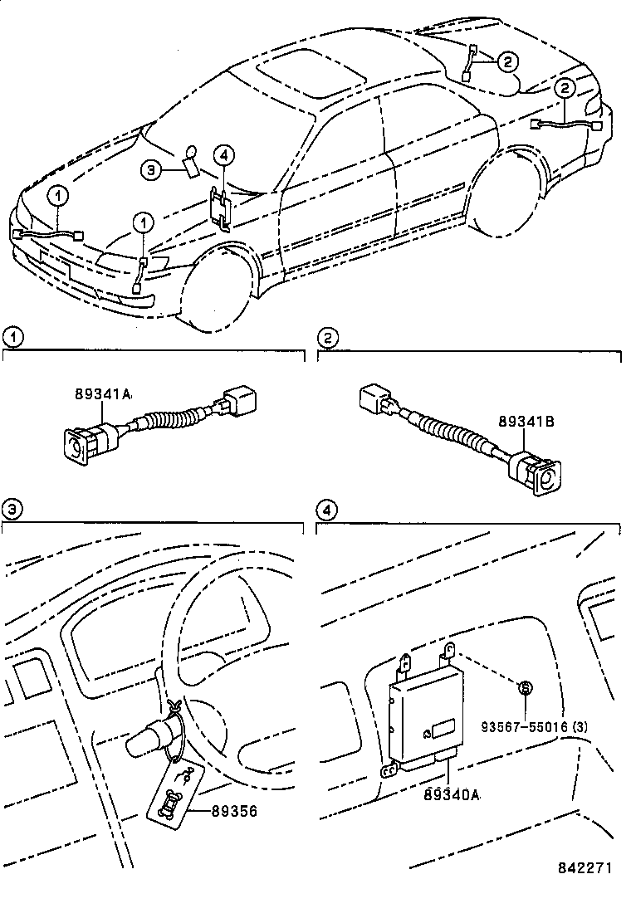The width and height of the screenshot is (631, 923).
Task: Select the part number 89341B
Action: point(526,422)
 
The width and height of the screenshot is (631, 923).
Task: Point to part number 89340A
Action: point(452,794)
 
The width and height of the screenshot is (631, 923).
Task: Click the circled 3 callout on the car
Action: point(150,170)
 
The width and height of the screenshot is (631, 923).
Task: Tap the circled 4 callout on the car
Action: point(223,154)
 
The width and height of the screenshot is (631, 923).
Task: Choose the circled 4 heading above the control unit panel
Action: point(329,509)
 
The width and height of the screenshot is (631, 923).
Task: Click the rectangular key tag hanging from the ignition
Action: point(172,795)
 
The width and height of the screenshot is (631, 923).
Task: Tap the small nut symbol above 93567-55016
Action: point(525,687)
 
